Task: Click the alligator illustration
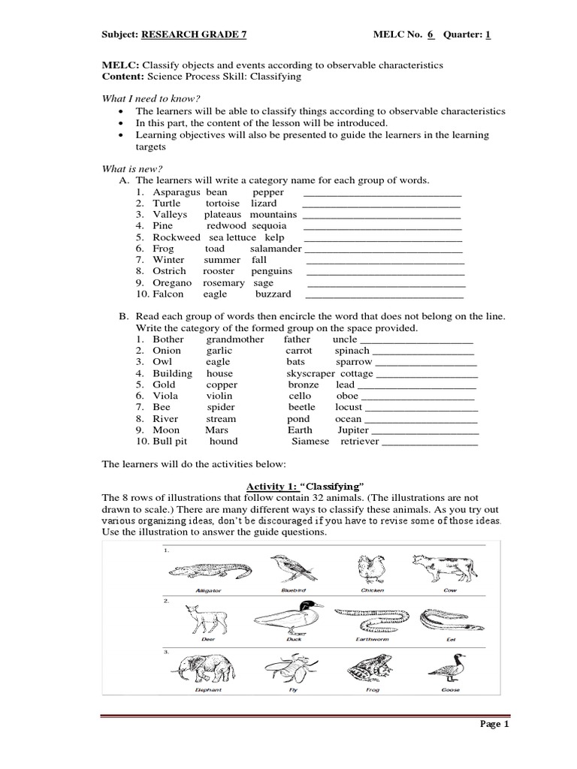207,570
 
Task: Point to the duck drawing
288,617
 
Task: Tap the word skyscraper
310,373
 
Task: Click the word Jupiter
353,430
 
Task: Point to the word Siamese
310,442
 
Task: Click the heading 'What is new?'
132,168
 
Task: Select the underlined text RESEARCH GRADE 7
193,35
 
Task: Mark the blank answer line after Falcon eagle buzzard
385,294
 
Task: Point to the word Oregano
172,283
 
